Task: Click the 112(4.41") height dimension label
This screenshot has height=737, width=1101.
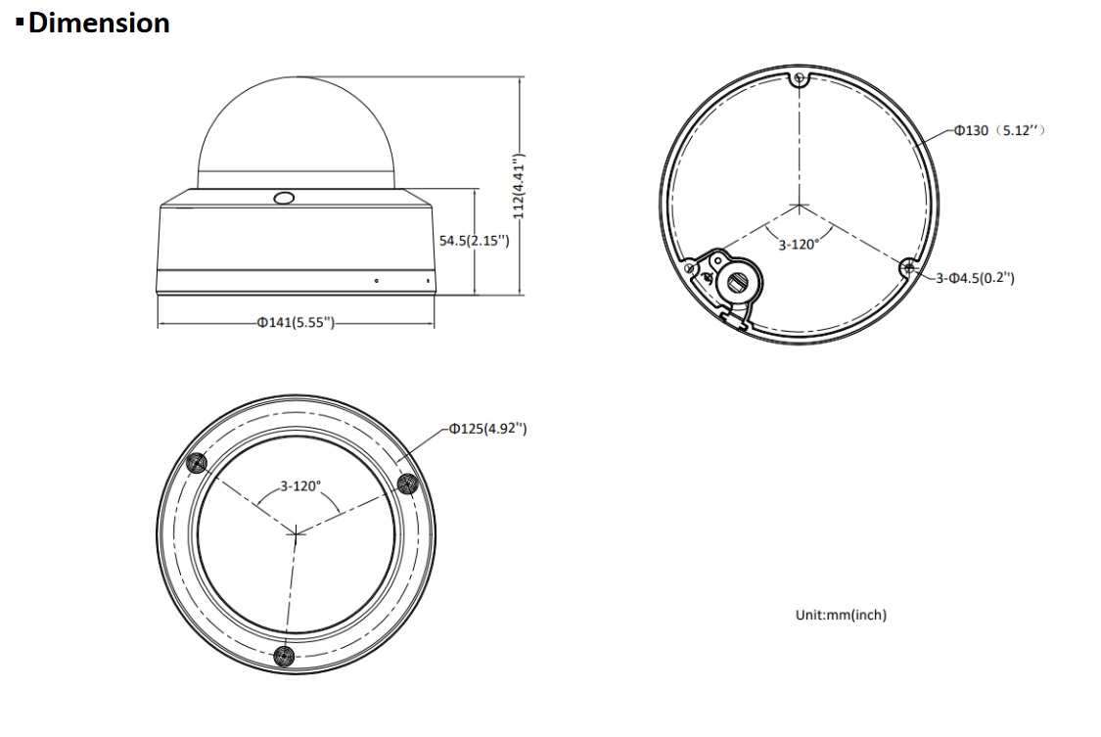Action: tap(518, 186)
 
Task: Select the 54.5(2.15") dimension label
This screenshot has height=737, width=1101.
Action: tap(474, 241)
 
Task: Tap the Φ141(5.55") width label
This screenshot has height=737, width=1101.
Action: tap(296, 323)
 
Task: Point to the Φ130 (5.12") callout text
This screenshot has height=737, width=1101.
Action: tap(999, 130)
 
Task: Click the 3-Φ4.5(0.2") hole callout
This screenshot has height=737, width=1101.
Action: tap(975, 278)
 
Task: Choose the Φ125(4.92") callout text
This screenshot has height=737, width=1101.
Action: tap(488, 428)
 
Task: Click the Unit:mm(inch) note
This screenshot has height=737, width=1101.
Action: tap(841, 615)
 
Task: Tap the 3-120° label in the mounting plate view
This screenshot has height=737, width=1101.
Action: tap(799, 245)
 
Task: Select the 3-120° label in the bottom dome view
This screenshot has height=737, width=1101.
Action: tap(300, 485)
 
